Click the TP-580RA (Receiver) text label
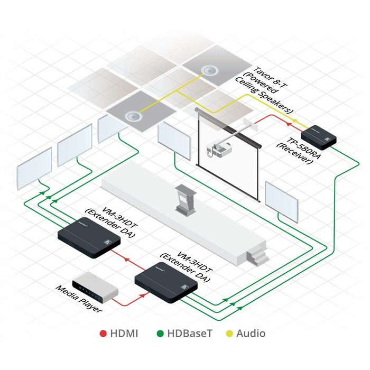tap(298, 151)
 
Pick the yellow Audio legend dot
tap(228, 334)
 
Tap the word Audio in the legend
tap(251, 334)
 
